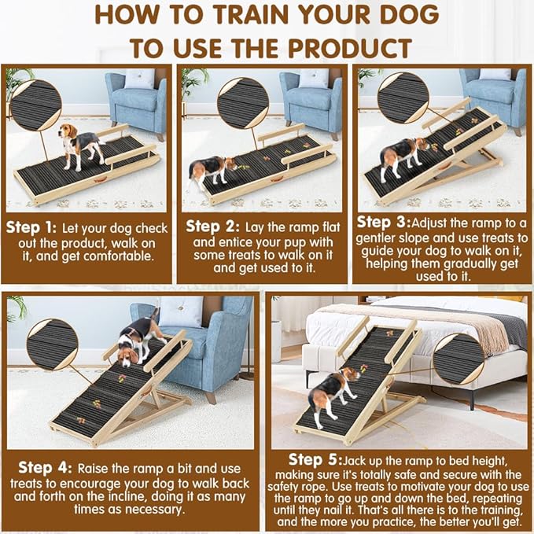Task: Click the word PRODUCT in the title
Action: tap(344, 46)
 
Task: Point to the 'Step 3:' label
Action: tap(384, 223)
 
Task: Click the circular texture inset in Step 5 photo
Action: tap(459, 359)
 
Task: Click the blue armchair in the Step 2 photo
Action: tap(312, 101)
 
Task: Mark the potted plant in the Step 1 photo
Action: tap(17, 82)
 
